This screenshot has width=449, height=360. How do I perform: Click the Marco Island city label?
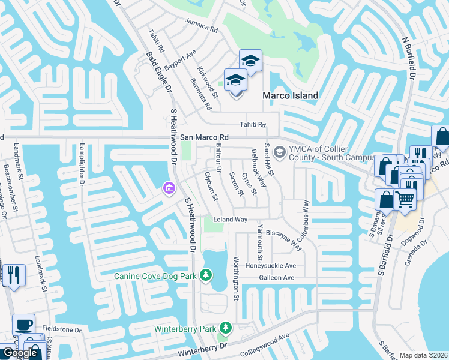click(x=291, y=95)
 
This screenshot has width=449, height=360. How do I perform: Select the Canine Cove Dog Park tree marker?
click(x=206, y=275)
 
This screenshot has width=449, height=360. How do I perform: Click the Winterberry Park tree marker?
click(x=226, y=328)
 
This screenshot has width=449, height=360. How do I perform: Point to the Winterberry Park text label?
click(x=185, y=329)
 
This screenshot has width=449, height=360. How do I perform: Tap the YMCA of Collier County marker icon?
click(x=279, y=150)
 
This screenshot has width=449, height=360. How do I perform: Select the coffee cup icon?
click(x=23, y=325)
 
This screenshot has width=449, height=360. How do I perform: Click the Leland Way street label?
click(x=231, y=220)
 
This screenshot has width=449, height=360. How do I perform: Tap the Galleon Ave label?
click(x=276, y=278)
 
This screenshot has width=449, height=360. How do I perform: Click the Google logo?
click(x=20, y=353)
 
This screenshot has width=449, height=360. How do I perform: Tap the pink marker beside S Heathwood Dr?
click(x=169, y=189)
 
